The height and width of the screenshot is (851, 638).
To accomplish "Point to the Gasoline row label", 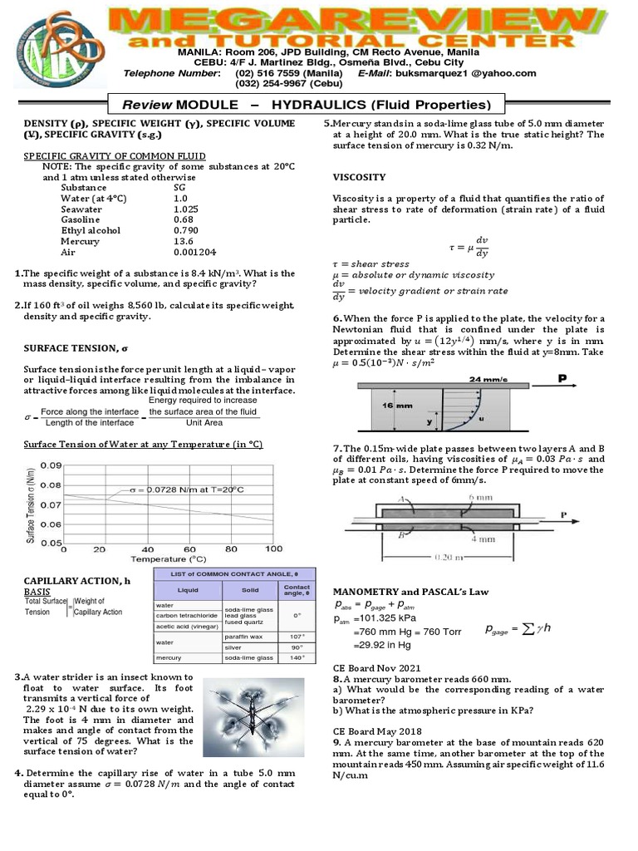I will tap(80, 220).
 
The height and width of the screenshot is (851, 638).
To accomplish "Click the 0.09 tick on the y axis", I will tap(50, 465).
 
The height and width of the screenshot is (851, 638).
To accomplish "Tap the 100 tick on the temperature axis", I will tap(272, 549).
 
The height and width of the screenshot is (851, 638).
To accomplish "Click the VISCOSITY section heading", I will tap(359, 177).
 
